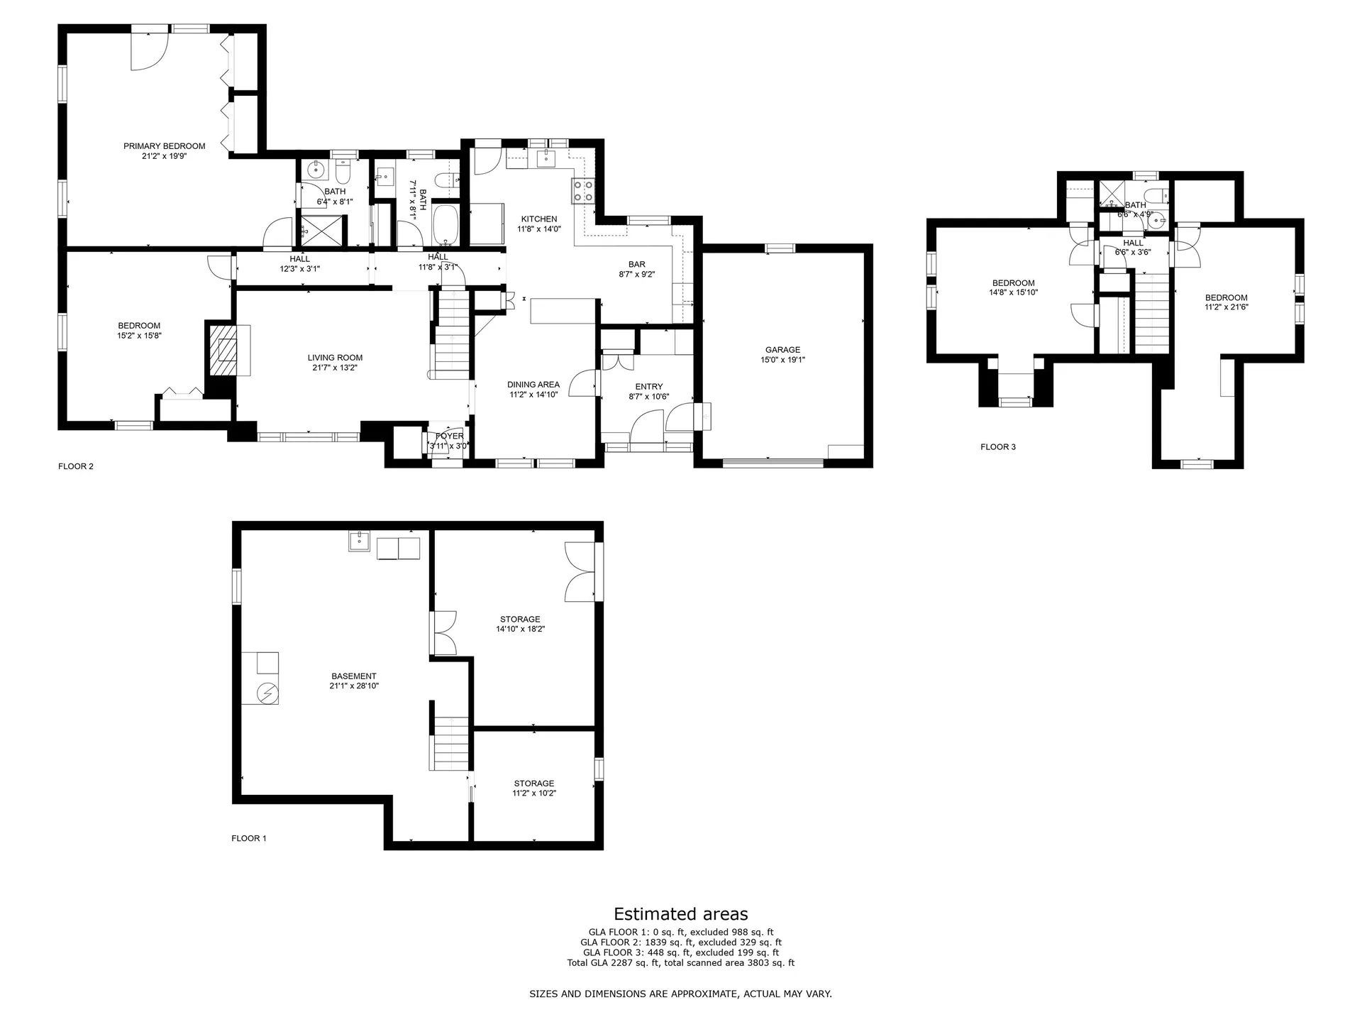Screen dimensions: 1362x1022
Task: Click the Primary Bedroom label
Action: tap(165, 146)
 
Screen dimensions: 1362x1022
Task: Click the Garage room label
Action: tap(782, 350)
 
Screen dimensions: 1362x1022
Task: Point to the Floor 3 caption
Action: tap(998, 447)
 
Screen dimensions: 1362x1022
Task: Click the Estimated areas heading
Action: tap(681, 914)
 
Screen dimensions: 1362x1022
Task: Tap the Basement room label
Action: tap(354, 676)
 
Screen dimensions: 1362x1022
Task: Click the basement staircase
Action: tap(449, 743)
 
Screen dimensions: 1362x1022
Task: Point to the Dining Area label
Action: tap(533, 385)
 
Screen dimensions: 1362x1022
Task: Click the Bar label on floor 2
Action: tap(637, 265)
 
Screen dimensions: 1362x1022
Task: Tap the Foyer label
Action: tap(450, 436)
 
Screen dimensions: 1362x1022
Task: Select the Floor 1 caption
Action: tap(249, 839)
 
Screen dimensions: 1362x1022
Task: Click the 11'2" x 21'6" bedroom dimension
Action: tap(1226, 307)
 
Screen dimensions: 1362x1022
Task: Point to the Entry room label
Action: tap(649, 387)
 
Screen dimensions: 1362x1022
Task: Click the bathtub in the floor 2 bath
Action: tap(445, 225)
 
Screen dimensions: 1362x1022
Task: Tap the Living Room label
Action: tap(335, 358)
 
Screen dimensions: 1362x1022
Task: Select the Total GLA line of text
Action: tap(681, 963)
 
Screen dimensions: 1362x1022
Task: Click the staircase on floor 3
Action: tap(1151, 312)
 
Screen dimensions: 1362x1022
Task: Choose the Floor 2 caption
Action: tap(76, 467)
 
